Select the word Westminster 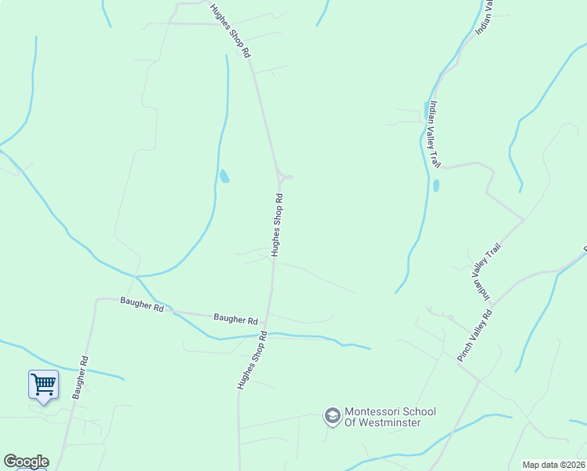pyautogui.click(x=390, y=422)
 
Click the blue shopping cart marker pyautogui.click(x=43, y=385)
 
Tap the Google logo pyautogui.click(x=26, y=462)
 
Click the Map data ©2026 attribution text pyautogui.click(x=554, y=465)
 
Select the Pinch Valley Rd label pyautogui.click(x=475, y=336)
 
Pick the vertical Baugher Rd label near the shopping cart pyautogui.click(x=79, y=378)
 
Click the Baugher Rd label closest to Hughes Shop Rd pyautogui.click(x=235, y=319)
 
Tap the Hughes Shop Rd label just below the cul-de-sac pyautogui.click(x=276, y=226)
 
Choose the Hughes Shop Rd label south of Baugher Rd pyautogui.click(x=252, y=360)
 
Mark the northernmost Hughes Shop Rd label pyautogui.click(x=230, y=31)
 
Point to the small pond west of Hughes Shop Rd pyautogui.click(x=224, y=176)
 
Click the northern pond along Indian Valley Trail pyautogui.click(x=427, y=109)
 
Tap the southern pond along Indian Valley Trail pyautogui.click(x=436, y=186)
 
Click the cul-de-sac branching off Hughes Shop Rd pyautogui.click(x=287, y=177)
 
